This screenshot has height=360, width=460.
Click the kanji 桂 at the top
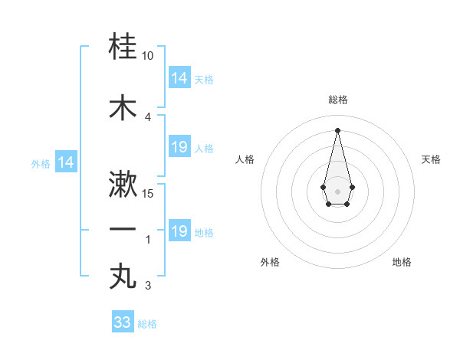(123, 48)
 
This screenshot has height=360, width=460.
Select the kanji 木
(123, 107)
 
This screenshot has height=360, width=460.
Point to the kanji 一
(123, 229)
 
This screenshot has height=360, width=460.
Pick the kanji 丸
(123, 277)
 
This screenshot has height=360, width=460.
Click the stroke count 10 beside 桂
(148, 57)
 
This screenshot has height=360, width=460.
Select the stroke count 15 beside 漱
(148, 193)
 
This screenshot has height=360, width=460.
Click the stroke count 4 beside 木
(148, 116)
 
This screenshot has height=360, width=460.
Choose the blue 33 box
(123, 322)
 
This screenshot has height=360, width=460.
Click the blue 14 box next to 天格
(179, 78)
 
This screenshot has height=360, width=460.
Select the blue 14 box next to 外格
(65, 162)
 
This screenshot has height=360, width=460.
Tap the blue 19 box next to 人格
(179, 147)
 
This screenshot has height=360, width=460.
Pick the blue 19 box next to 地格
(179, 231)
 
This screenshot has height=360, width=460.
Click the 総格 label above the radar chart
(337, 100)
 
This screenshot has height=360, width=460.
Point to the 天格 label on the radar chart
(431, 159)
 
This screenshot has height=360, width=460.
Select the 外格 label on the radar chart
(270, 262)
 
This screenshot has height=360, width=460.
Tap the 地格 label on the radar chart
(402, 262)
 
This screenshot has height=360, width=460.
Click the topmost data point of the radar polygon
(337, 129)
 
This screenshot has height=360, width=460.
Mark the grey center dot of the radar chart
(337, 190)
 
